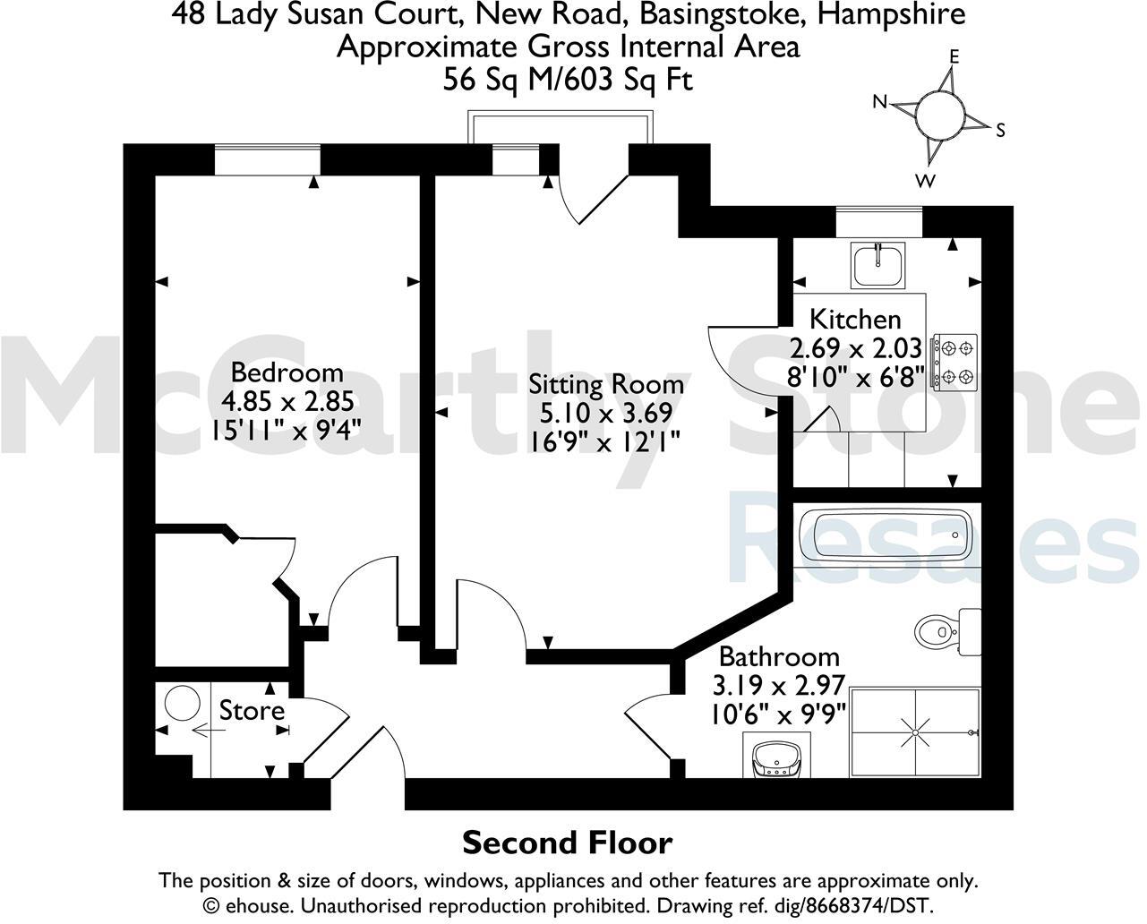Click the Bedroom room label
coord(287,372)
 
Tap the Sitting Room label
coord(606,384)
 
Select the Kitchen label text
coord(855,319)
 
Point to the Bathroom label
coord(779,657)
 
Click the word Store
coord(252,711)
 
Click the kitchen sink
coord(878,263)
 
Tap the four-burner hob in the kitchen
coord(954,363)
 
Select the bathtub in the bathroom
coord(883,535)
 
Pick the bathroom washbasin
coord(776,759)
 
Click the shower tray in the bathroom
coord(914,732)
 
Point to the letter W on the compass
coord(926,182)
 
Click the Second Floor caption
coord(567,843)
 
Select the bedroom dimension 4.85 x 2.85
coord(287,400)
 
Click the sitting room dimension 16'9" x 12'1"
coord(606,441)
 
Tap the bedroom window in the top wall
coord(267,160)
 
